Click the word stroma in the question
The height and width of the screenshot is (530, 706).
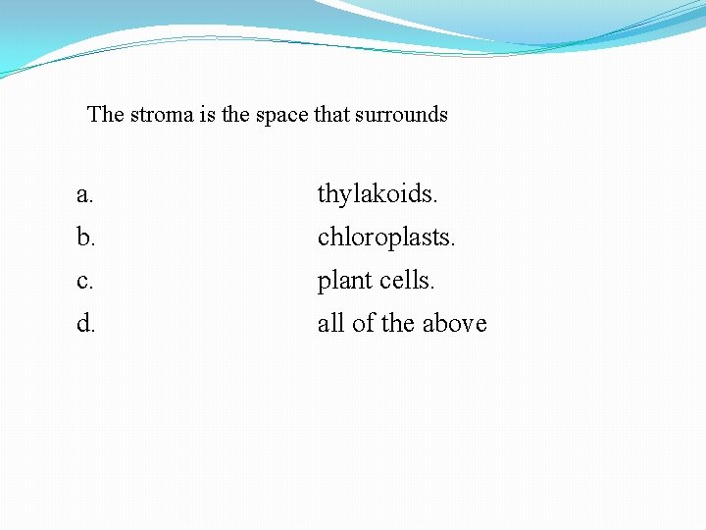tap(162, 115)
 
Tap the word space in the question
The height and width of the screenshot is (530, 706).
tap(282, 115)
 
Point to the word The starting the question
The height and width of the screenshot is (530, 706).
tap(106, 115)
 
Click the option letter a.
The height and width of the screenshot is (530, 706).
tap(85, 195)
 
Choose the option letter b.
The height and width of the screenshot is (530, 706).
tap(85, 238)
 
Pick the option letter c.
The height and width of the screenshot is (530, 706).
tap(85, 282)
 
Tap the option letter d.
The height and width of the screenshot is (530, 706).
tap(85, 324)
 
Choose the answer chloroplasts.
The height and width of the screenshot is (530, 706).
tap(386, 238)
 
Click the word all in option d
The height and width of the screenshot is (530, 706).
tap(330, 324)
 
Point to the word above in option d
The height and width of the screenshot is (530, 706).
tap(456, 324)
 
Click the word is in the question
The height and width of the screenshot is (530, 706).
tap(206, 115)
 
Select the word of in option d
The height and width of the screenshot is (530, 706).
tap(363, 324)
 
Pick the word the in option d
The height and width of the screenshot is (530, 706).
tap(398, 324)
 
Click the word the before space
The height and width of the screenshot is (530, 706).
tap(235, 115)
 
